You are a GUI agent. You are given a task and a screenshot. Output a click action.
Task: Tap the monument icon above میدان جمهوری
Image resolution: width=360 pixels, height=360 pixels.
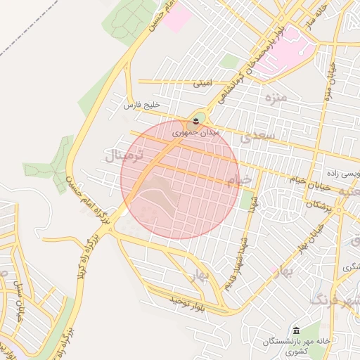(x=195, y=122)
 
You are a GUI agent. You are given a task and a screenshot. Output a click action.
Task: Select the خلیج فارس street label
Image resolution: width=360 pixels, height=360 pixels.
(x=138, y=105)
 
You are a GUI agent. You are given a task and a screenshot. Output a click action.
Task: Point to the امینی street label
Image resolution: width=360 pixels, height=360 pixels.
(x=202, y=83)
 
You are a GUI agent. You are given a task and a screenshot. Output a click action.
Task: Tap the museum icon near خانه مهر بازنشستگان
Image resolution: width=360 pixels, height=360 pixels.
(x=296, y=330)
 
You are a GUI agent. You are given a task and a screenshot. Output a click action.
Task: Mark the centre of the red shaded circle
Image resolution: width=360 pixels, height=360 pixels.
(x=180, y=179)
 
